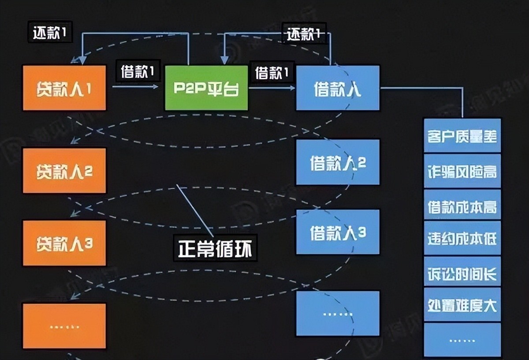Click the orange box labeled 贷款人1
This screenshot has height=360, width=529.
64,88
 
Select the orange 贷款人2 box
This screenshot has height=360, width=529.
64,171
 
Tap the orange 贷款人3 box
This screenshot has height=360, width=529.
64,243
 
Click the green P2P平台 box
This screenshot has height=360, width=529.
206,88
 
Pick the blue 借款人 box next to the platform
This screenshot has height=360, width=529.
338,88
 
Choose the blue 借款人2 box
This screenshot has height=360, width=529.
338,162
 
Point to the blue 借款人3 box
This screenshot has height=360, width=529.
338,232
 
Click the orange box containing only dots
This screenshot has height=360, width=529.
64,326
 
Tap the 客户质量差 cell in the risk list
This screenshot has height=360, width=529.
462,136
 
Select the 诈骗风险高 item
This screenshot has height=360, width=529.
462,171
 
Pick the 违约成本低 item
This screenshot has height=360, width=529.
462,239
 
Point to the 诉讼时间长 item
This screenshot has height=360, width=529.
462,273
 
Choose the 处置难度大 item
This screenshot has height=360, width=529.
462,305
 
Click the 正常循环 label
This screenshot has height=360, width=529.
216,248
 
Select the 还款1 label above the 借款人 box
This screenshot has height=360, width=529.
304,33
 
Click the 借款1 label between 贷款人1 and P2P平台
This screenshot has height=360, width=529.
137,72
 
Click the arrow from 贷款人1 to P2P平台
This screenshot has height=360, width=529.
135,87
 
